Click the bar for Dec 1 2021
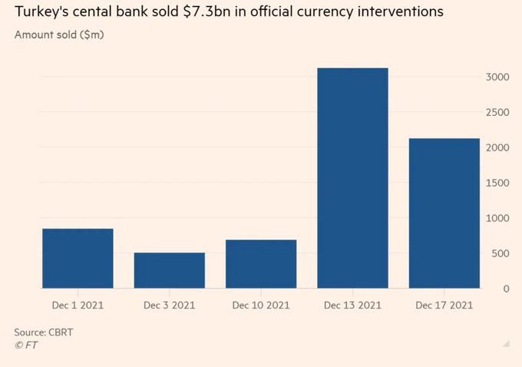pyautogui.click(x=78, y=258)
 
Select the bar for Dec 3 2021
pyautogui.click(x=169, y=270)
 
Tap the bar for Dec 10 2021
pyautogui.click(x=261, y=263)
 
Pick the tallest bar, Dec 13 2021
pyautogui.click(x=352, y=178)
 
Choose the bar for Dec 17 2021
pyautogui.click(x=444, y=213)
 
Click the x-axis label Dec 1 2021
pyautogui.click(x=78, y=305)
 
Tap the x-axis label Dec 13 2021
pyautogui.click(x=352, y=305)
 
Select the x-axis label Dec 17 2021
pyautogui.click(x=444, y=305)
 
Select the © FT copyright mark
pyautogui.click(x=25, y=346)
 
